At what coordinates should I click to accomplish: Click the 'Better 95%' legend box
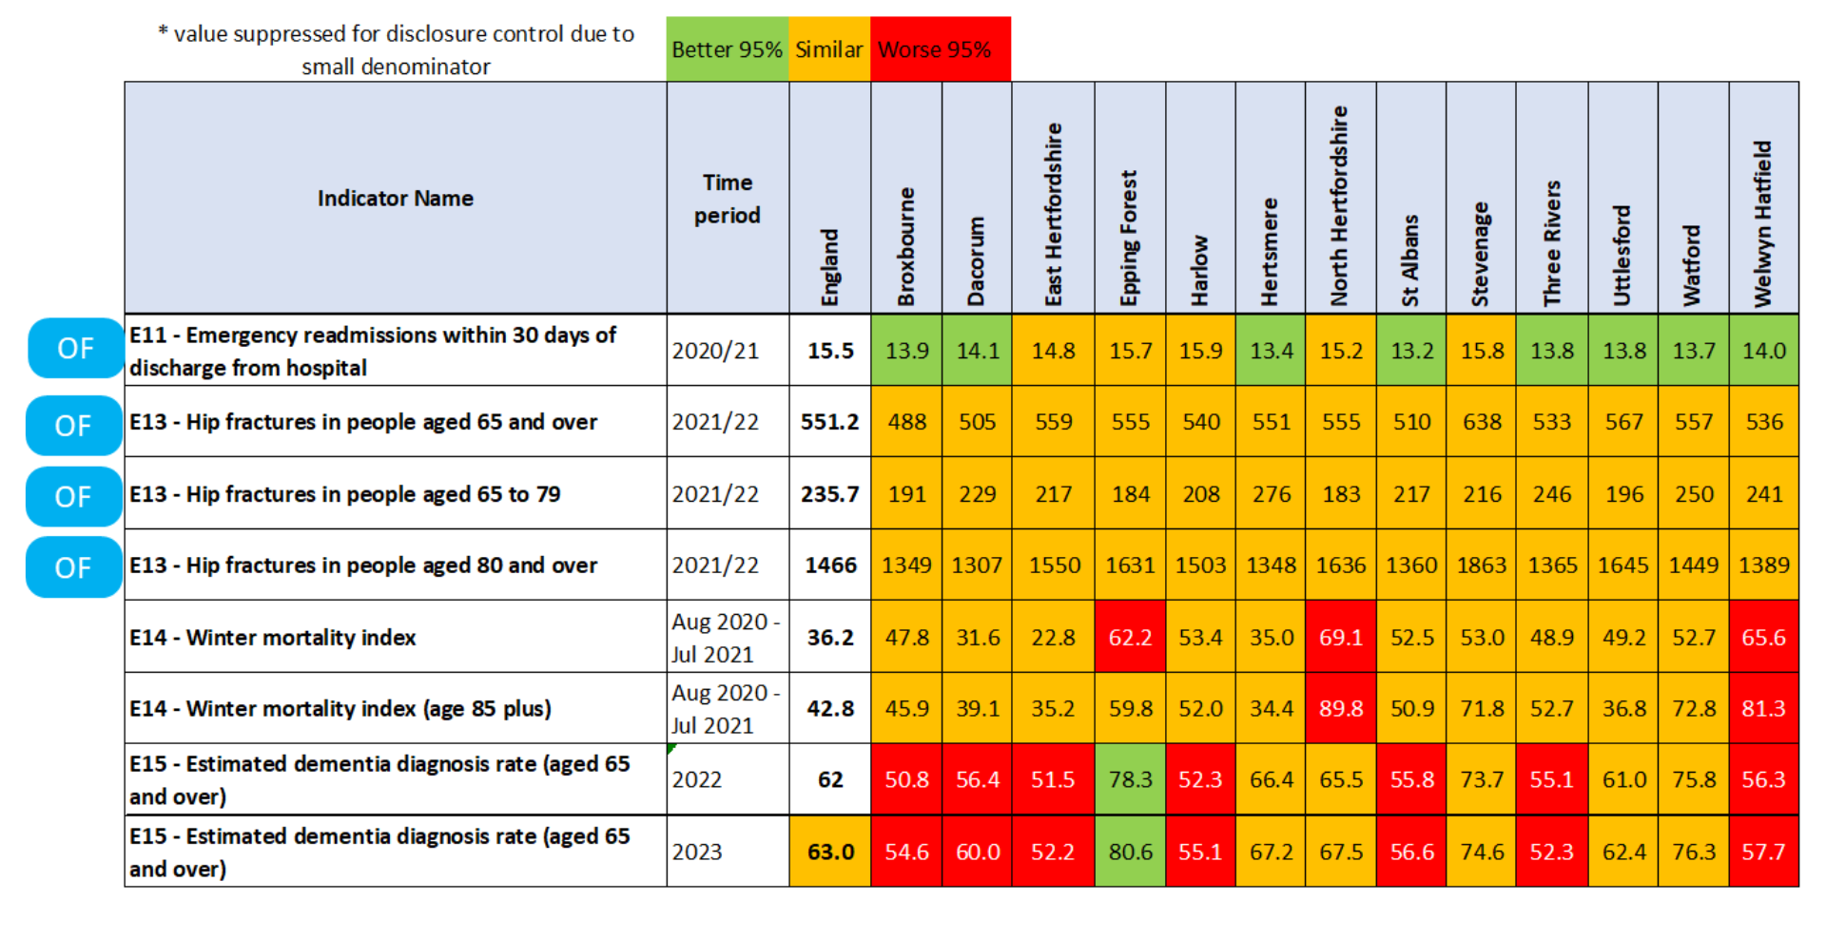click(x=727, y=49)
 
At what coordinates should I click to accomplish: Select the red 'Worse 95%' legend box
click(x=940, y=49)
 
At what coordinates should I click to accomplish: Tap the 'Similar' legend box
click(x=828, y=49)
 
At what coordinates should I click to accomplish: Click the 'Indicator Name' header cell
click(x=395, y=199)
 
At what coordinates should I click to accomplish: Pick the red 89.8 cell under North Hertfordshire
click(x=1341, y=708)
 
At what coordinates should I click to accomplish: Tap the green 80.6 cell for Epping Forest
click(x=1130, y=852)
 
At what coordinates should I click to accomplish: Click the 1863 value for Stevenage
click(x=1481, y=565)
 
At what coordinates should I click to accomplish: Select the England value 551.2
click(x=829, y=422)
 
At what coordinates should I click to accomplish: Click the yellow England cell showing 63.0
click(x=829, y=852)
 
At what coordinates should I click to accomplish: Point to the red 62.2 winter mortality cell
click(x=1130, y=637)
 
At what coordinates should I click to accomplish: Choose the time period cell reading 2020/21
click(x=715, y=351)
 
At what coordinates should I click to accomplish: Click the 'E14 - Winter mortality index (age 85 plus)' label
click(x=340, y=709)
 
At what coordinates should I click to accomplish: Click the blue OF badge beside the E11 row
click(x=75, y=349)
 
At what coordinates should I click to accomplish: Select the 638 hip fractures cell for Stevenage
click(x=1481, y=422)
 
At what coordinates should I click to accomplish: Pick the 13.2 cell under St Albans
click(x=1411, y=351)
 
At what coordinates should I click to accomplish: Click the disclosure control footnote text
click(x=396, y=49)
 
